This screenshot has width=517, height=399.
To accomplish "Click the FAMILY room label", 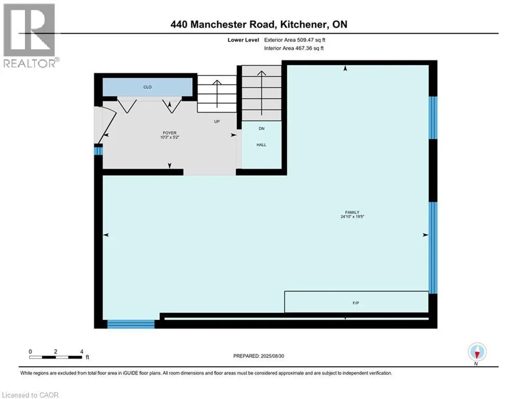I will coord(353,212).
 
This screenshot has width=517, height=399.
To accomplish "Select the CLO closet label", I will coord(148,87).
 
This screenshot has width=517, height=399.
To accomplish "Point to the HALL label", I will coord(261,145).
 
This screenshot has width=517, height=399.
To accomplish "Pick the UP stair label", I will coord(218,122).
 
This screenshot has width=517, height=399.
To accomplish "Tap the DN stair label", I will coord(261,128).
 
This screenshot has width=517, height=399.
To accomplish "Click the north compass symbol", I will coord(476,353).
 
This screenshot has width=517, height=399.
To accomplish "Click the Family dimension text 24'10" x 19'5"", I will coord(353,217).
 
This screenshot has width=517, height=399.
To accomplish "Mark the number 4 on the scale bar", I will coord(82,351).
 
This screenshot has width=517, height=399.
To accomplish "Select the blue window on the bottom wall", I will coord(131,324).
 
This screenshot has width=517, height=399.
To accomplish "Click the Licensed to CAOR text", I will coord(30,395).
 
